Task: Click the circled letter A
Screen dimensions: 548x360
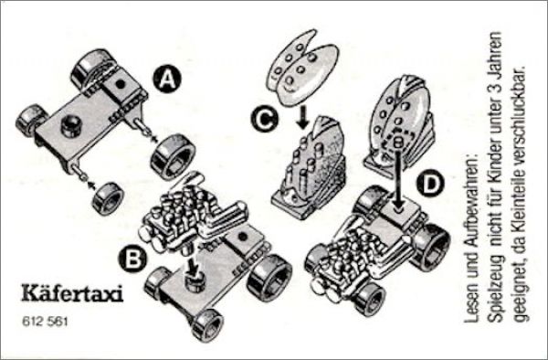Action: (x=167, y=79)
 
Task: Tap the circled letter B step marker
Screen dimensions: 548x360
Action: (x=132, y=260)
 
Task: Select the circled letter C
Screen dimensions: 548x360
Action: (x=265, y=120)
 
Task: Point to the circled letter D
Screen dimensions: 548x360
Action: (x=431, y=185)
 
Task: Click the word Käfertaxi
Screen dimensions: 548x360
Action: (x=72, y=293)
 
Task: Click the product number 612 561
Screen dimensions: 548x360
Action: (x=45, y=322)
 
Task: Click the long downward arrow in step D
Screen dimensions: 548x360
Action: (x=399, y=178)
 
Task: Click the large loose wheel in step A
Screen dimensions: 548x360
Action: (x=173, y=156)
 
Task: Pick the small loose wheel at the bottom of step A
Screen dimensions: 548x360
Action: (x=109, y=199)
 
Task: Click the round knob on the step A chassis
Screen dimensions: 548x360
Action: (x=71, y=126)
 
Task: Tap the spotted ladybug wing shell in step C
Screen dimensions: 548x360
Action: (x=302, y=68)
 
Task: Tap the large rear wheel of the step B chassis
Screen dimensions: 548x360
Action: (x=269, y=278)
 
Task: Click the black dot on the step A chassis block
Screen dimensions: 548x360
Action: (x=121, y=84)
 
